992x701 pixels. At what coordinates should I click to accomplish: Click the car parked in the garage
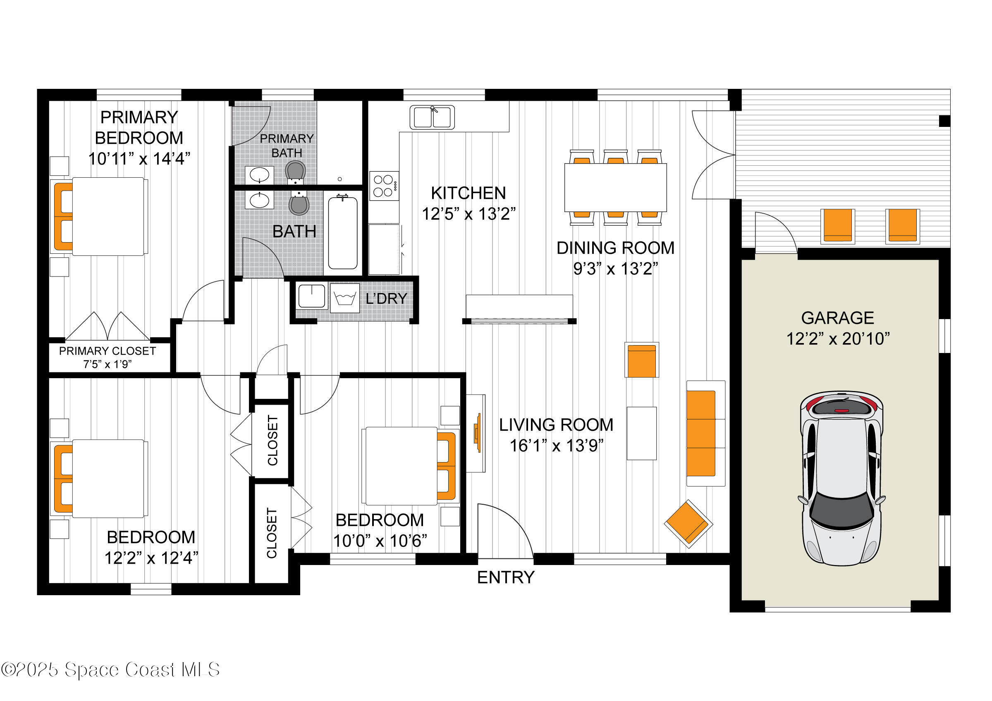click(841, 479)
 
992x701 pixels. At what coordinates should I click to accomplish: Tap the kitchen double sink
click(432, 117)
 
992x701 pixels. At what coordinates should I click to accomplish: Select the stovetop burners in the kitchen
click(384, 186)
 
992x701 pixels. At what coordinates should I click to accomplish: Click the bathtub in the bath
click(343, 233)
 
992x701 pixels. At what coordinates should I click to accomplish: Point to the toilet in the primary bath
click(296, 171)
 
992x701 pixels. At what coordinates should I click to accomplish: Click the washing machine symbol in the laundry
click(344, 298)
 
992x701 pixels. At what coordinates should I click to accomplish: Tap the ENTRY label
click(505, 577)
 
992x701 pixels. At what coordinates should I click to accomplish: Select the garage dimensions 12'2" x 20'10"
click(837, 339)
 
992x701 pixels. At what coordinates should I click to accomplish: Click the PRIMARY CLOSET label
click(107, 351)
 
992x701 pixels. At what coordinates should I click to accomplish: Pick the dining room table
click(615, 188)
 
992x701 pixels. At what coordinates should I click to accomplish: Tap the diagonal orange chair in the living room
click(688, 524)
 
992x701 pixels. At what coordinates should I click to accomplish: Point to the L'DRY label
click(386, 298)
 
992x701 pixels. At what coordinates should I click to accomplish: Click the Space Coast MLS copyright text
click(110, 670)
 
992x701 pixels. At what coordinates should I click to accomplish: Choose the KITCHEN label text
click(469, 193)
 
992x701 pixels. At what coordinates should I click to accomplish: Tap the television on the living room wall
click(478, 433)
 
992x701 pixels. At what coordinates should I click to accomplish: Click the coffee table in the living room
click(642, 433)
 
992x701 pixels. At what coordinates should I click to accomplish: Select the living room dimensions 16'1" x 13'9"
click(556, 446)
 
